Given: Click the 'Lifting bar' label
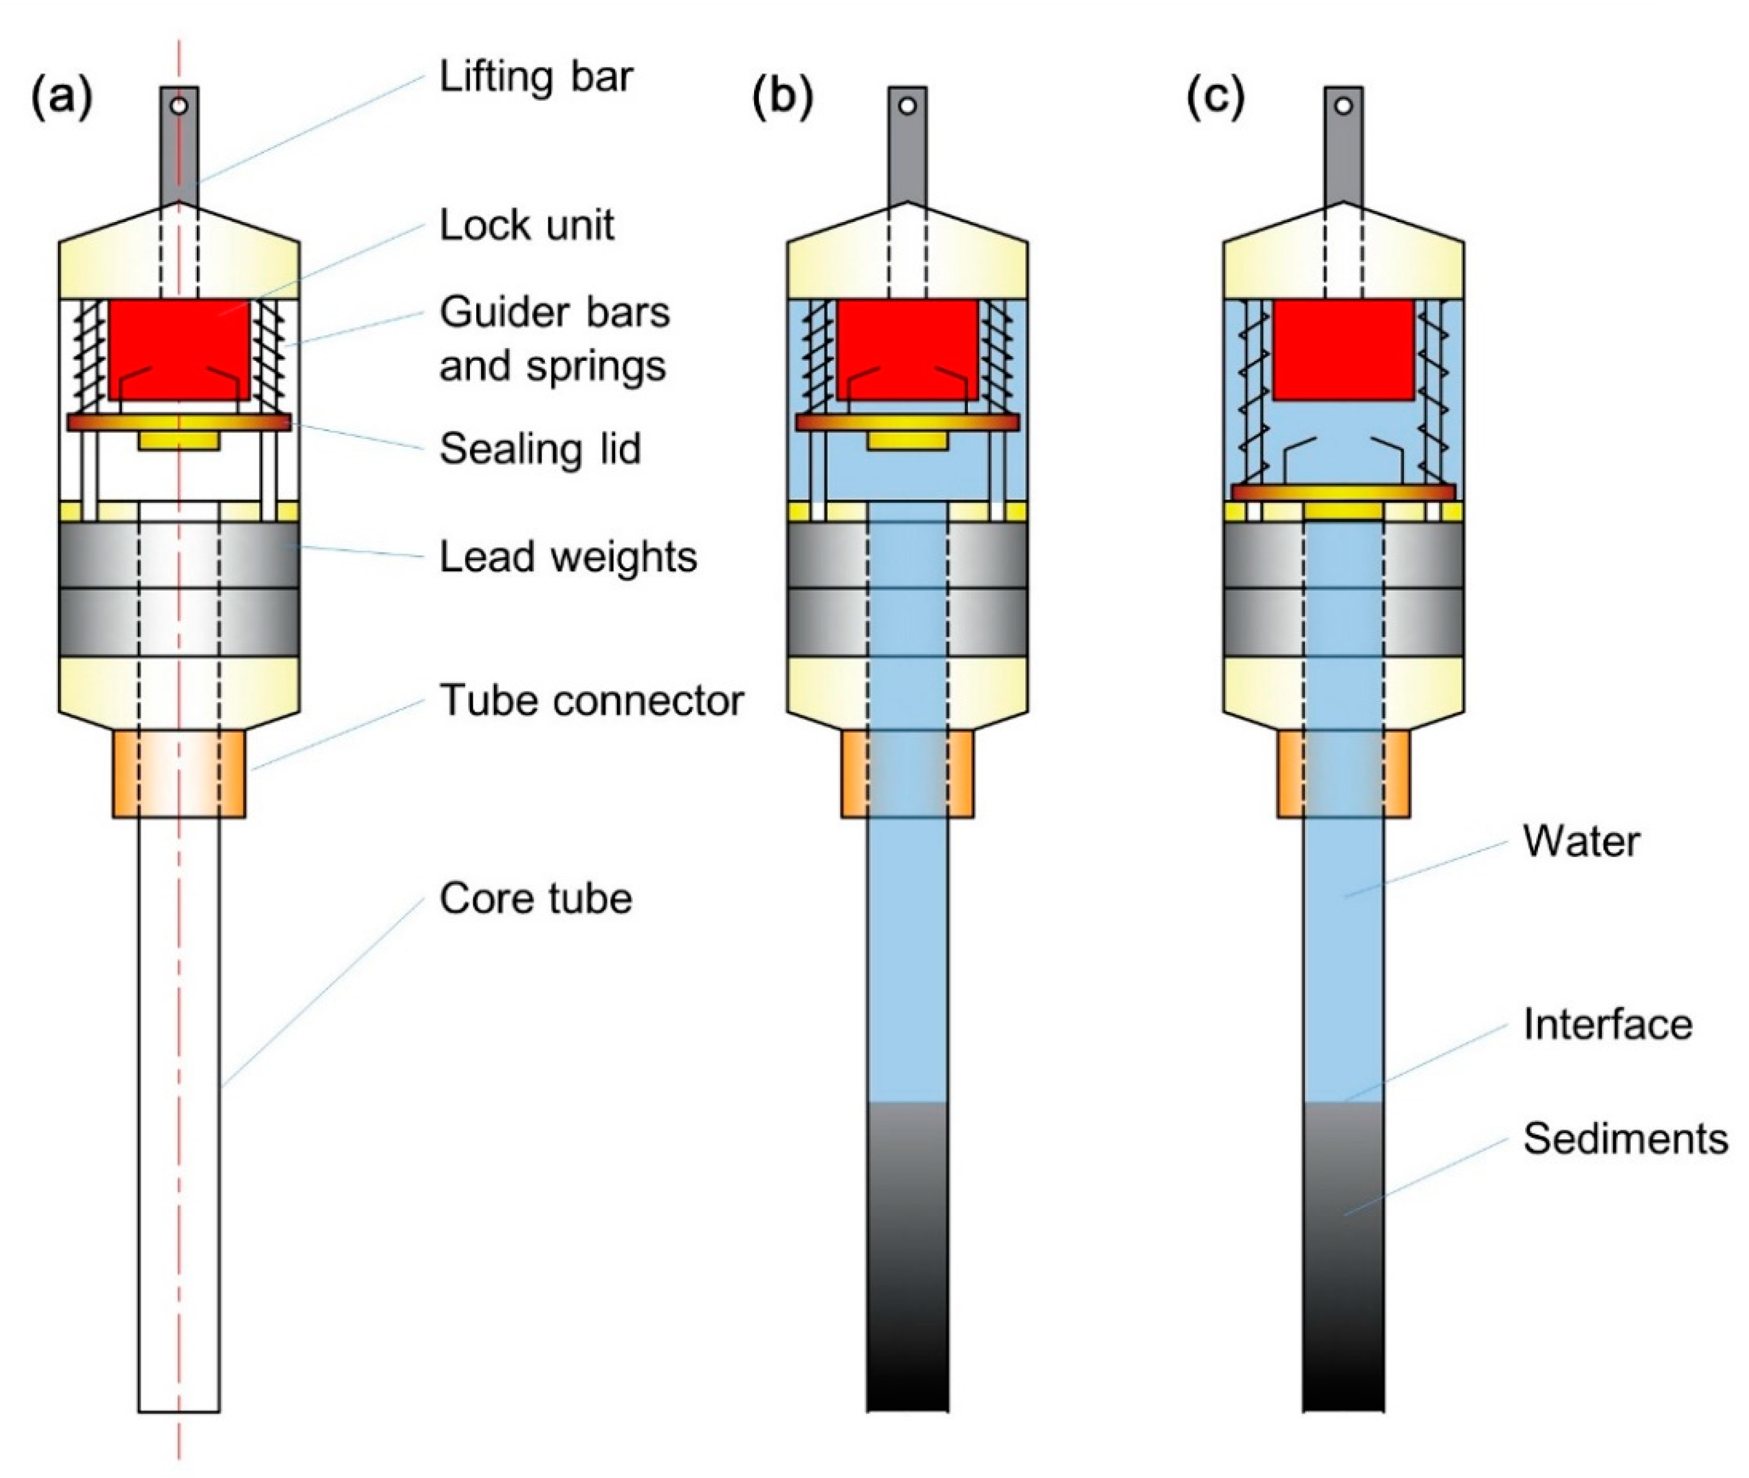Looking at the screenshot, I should tap(536, 77).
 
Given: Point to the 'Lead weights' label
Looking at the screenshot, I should tap(567, 557).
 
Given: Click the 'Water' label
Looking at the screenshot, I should tap(1581, 841).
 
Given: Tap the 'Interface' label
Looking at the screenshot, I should tap(1607, 1025).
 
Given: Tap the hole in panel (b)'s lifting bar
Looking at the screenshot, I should tap(907, 107).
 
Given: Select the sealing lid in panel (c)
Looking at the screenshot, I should tap(1342, 493).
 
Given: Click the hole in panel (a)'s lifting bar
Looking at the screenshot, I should tap(179, 107).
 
